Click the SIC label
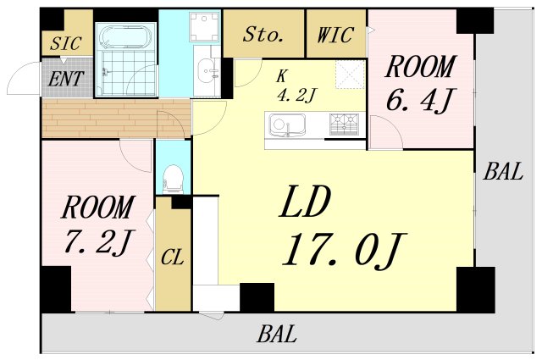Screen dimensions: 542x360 [66, 43]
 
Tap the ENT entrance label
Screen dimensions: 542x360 [66, 79]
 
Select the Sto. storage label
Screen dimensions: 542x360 [263, 34]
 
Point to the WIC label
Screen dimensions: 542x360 [335, 35]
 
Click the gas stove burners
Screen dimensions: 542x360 [344, 124]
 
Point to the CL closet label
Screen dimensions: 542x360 [172, 257]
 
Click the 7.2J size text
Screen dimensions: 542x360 [97, 242]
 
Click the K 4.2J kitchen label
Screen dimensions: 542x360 [296, 86]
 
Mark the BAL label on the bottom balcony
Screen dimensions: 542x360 [277, 334]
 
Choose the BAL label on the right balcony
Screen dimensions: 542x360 [503, 171]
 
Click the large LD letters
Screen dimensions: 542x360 [305, 202]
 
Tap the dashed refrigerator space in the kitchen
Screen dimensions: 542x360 [350, 75]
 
